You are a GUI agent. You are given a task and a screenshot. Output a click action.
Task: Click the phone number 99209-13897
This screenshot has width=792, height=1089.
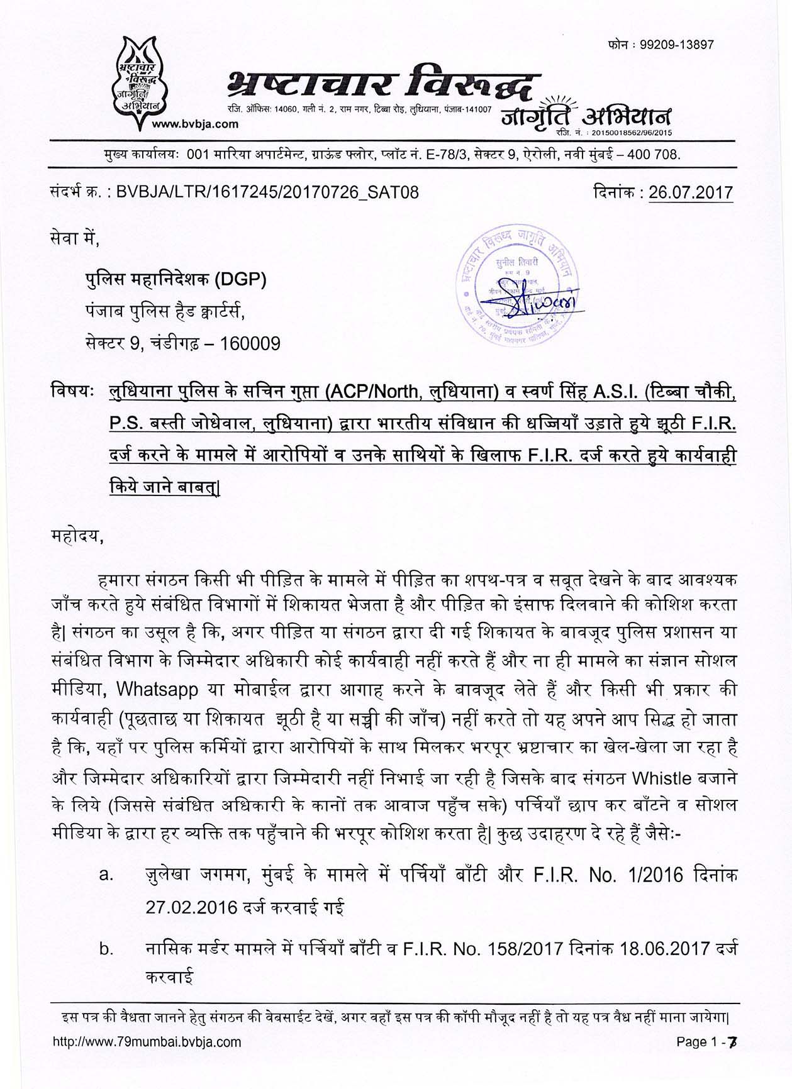(677, 45)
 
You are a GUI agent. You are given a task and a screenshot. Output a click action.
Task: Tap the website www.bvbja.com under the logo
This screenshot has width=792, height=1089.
(196, 124)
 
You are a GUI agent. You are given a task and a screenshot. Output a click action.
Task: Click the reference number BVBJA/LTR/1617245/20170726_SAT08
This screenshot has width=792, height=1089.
(267, 192)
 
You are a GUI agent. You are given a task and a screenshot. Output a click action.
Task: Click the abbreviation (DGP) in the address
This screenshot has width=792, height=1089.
(241, 279)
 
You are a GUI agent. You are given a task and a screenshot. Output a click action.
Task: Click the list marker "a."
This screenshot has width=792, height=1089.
(106, 875)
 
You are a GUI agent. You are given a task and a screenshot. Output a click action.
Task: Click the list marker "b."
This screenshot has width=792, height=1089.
(106, 949)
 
